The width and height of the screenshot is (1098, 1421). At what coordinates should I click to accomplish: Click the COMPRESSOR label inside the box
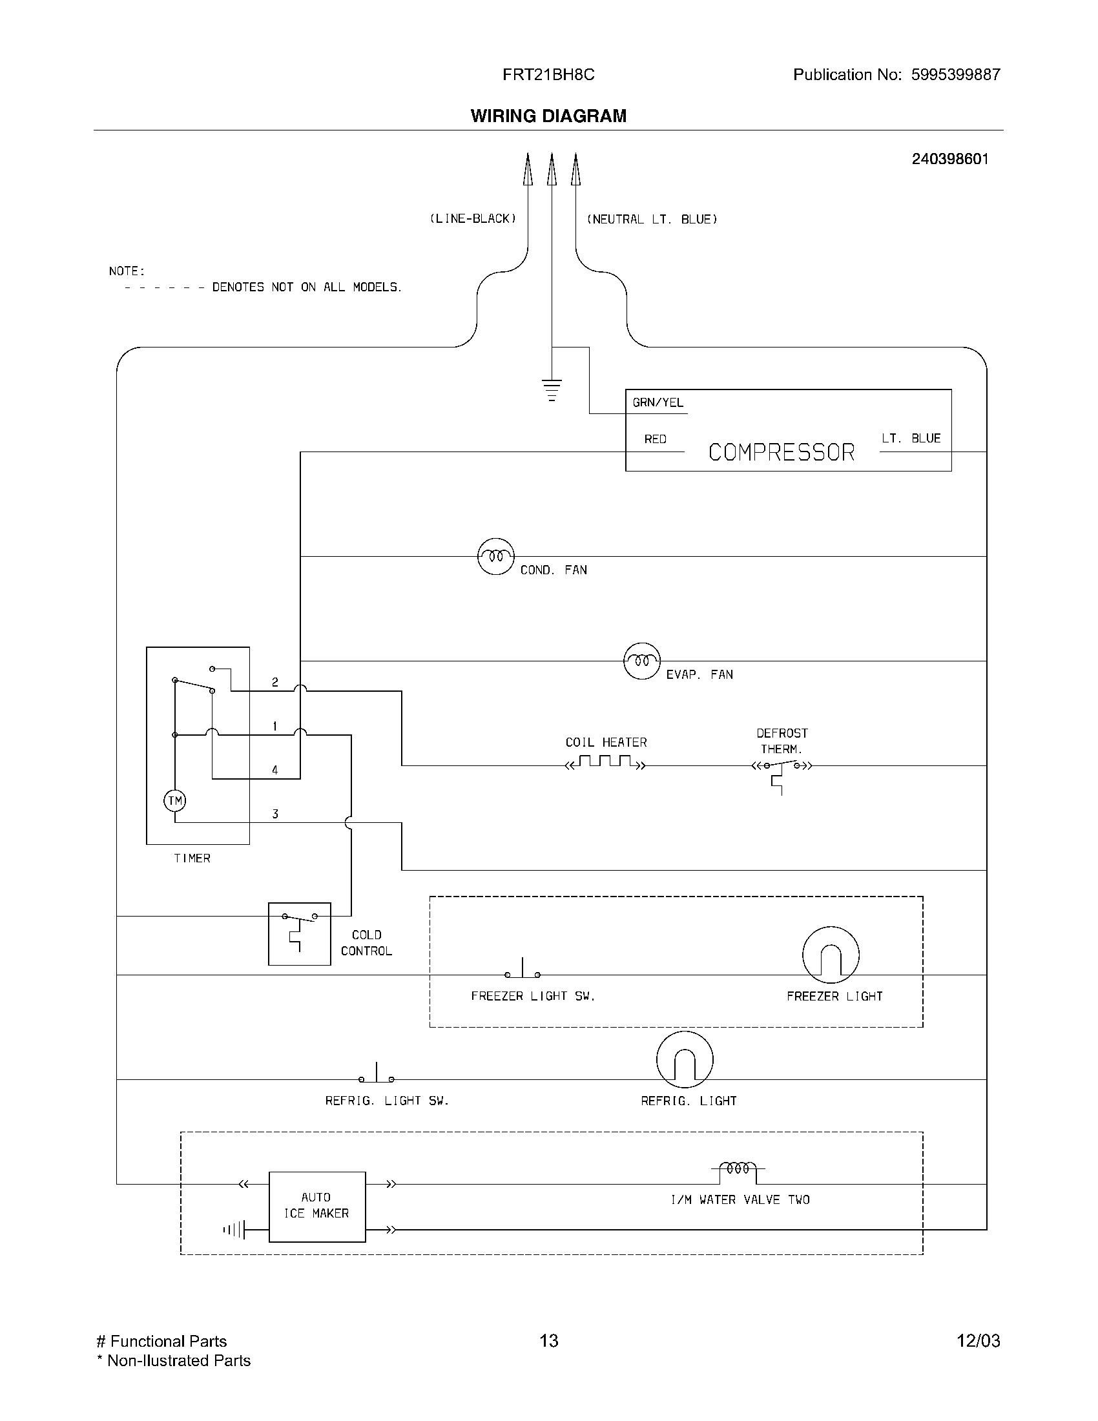click(x=782, y=452)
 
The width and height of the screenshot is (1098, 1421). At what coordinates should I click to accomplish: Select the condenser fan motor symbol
click(x=495, y=556)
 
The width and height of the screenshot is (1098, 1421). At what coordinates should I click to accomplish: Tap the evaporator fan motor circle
click(x=642, y=661)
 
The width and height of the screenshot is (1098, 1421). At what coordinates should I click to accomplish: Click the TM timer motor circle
click(x=174, y=800)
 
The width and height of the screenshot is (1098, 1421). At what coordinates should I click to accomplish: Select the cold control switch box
click(x=299, y=933)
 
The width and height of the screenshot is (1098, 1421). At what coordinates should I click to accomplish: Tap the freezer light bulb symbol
click(x=831, y=955)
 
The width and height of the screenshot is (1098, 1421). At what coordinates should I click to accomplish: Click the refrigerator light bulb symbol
click(x=684, y=1059)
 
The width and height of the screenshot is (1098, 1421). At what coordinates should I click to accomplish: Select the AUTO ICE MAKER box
click(x=316, y=1207)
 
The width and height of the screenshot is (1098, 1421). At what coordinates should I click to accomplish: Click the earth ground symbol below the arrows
click(x=552, y=389)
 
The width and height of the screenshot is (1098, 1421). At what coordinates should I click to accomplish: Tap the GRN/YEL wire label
click(x=658, y=403)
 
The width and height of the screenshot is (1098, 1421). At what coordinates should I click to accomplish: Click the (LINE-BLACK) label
click(x=473, y=219)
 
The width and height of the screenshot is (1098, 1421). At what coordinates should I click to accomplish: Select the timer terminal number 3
click(x=275, y=814)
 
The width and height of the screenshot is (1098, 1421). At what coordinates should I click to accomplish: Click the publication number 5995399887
click(x=955, y=75)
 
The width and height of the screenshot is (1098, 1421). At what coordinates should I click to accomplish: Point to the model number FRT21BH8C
click(x=548, y=75)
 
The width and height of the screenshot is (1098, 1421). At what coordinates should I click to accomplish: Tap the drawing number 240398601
click(x=949, y=160)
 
